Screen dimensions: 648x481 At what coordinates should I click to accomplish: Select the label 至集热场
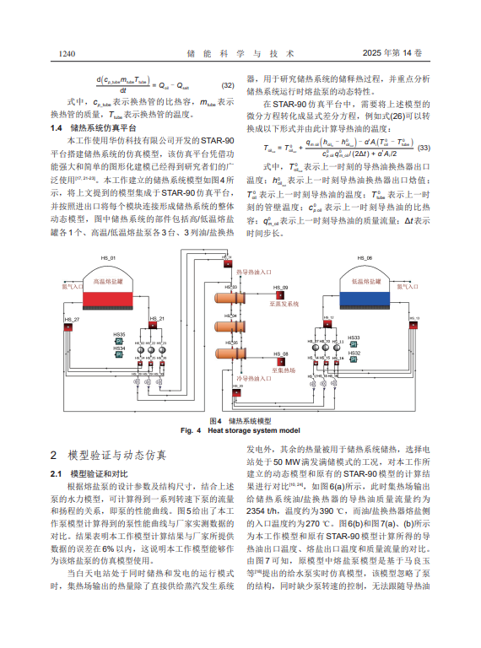[x=284, y=369]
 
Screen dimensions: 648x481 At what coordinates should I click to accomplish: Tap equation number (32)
[x=227, y=85]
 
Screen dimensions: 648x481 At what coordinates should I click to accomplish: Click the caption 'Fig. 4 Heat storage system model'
[x=240, y=429]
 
